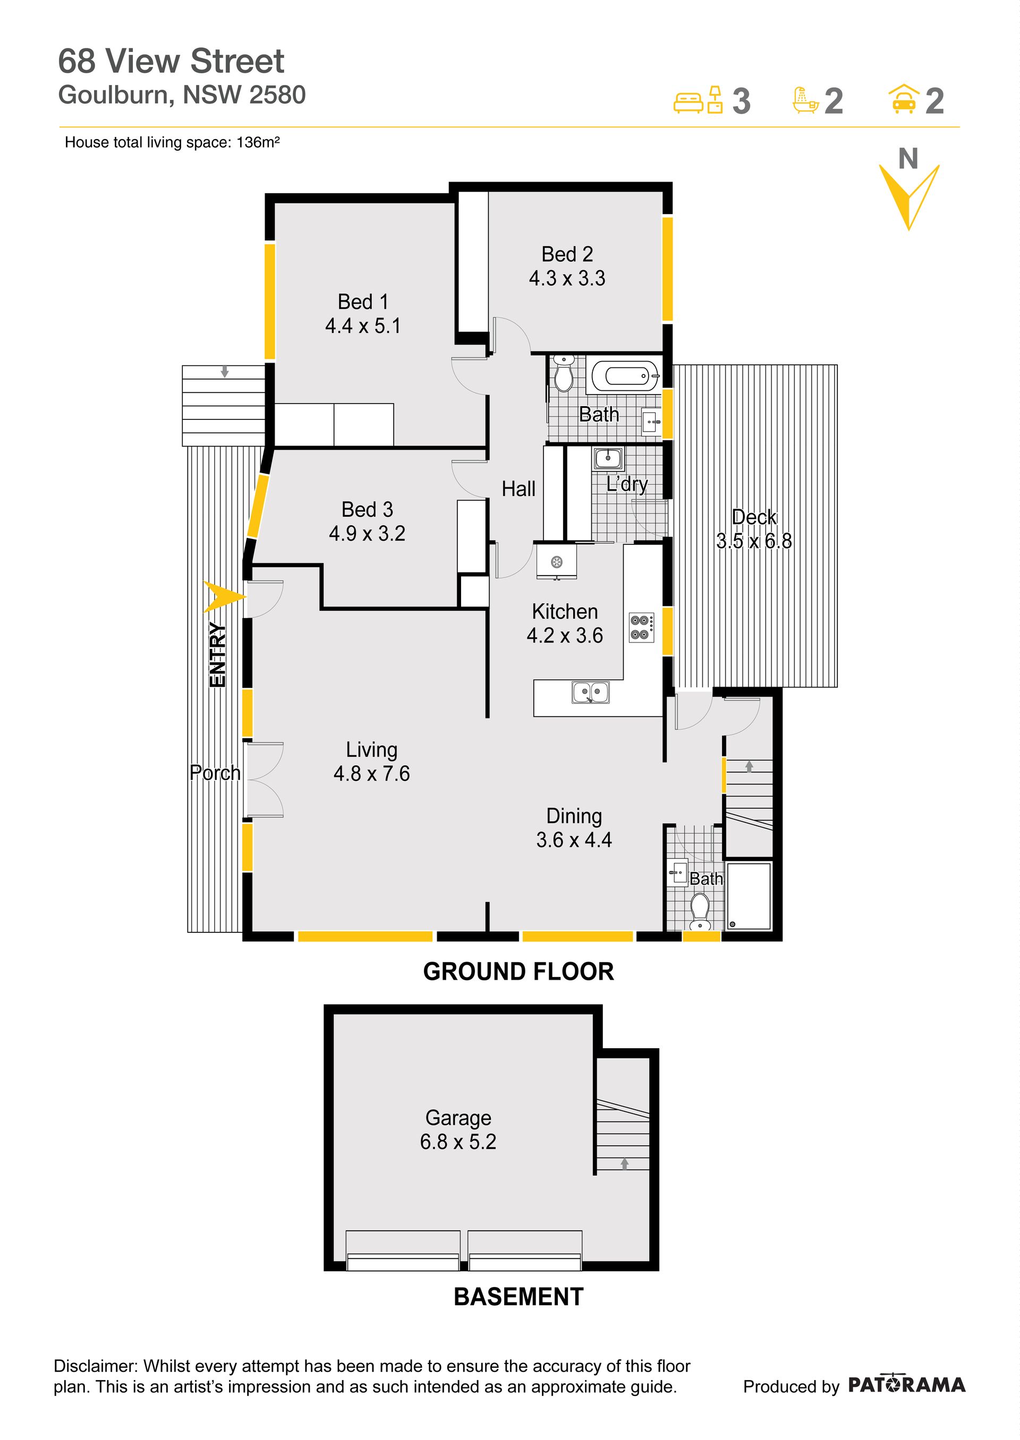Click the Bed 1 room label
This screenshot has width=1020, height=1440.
[363, 302]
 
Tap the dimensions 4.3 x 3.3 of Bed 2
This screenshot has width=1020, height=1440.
[567, 278]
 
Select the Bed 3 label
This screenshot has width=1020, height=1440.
[368, 509]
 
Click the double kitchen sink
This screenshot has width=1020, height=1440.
[590, 692]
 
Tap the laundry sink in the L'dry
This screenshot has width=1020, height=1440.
[608, 459]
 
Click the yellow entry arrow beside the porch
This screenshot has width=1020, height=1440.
[224, 597]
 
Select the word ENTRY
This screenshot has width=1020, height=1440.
[217, 655]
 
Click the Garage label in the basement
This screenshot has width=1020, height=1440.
[458, 1118]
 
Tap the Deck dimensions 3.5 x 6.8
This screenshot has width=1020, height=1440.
[754, 541]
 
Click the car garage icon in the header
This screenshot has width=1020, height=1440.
[903, 99]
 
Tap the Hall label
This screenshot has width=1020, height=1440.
[519, 489]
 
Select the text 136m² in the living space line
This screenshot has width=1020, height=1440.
[258, 142]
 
